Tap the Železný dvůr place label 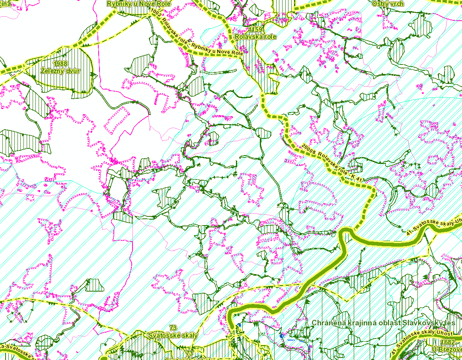[60, 71]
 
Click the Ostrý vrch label [388, 4]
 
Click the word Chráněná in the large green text [330, 323]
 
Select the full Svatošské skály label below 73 [172, 335]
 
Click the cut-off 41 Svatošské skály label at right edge [434, 226]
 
